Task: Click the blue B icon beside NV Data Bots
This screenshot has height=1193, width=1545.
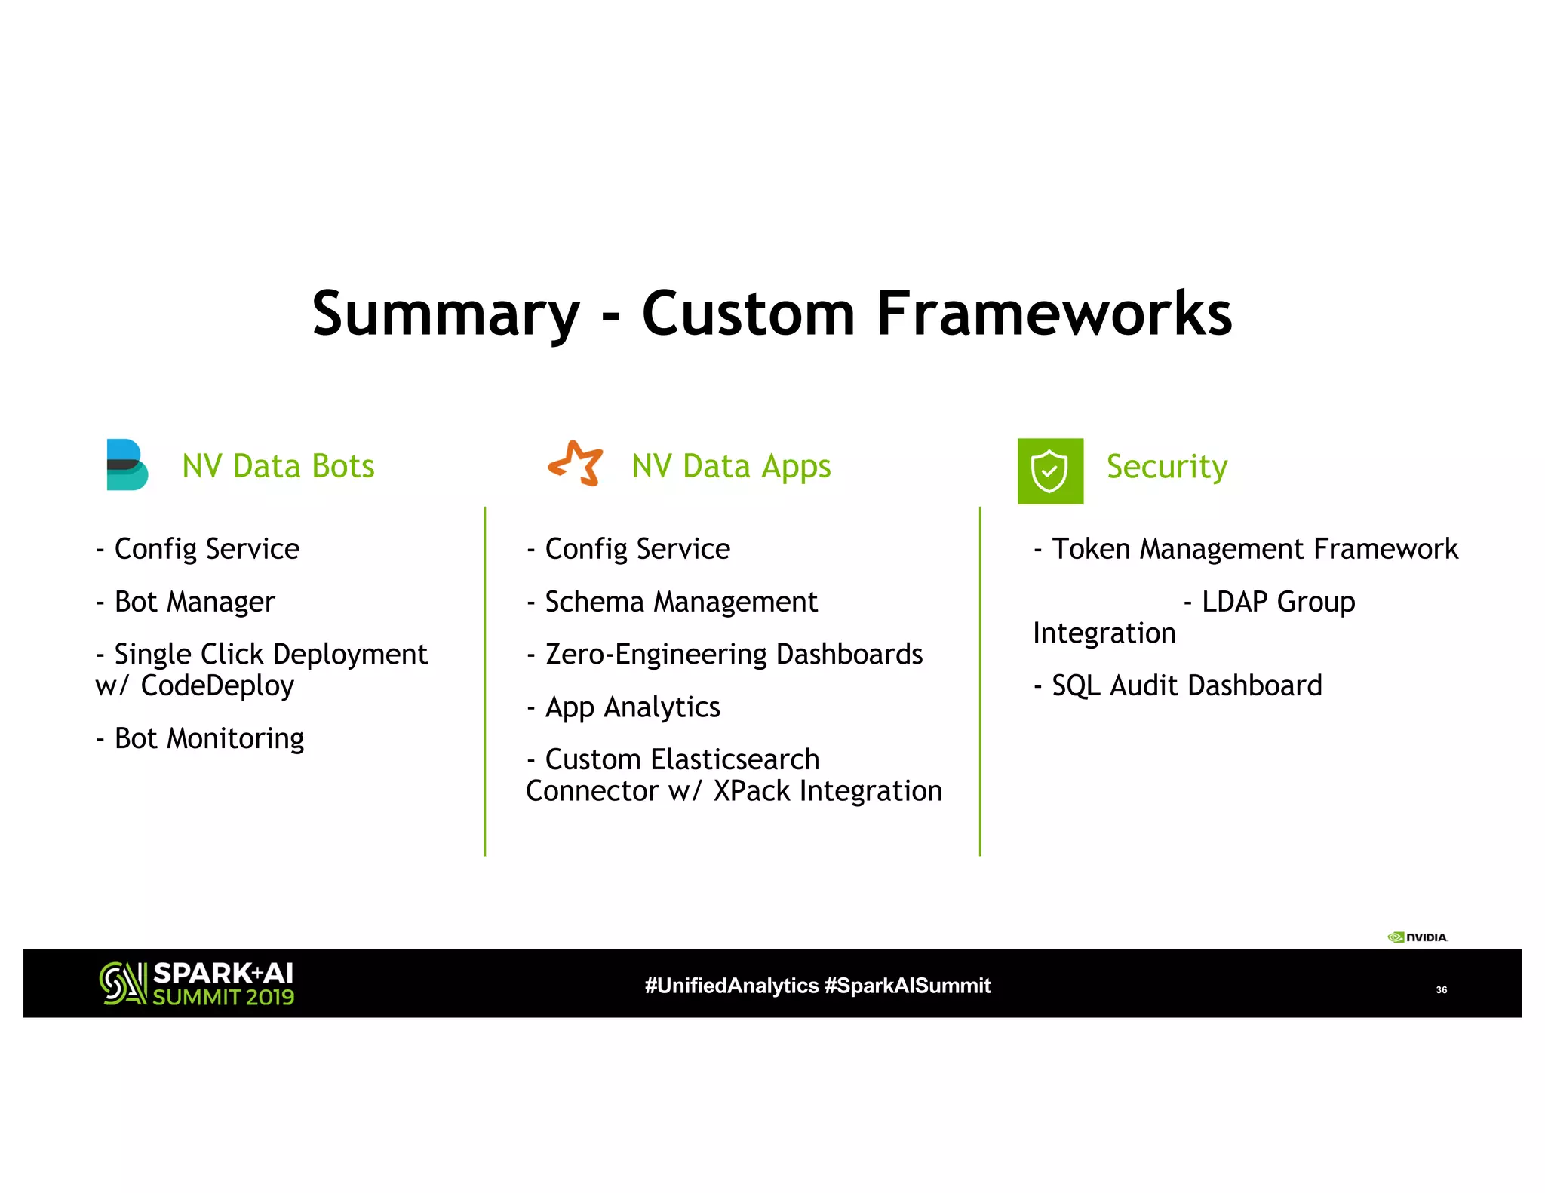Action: pos(127,465)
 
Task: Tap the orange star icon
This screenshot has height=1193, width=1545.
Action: pos(576,463)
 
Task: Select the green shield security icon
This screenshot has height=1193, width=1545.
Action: pos(1050,471)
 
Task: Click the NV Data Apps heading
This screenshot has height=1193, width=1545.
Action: pos(731,466)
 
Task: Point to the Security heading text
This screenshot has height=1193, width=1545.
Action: pos(1166,466)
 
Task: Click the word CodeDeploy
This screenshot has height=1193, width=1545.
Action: pos(217,685)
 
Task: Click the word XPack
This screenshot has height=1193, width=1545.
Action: pos(751,791)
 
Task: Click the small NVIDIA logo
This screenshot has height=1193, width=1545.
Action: pos(1418,937)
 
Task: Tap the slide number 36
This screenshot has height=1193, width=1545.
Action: pos(1441,989)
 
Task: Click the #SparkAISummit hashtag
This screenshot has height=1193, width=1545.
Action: pos(907,986)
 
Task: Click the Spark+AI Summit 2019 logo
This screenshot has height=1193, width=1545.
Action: pos(197,983)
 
